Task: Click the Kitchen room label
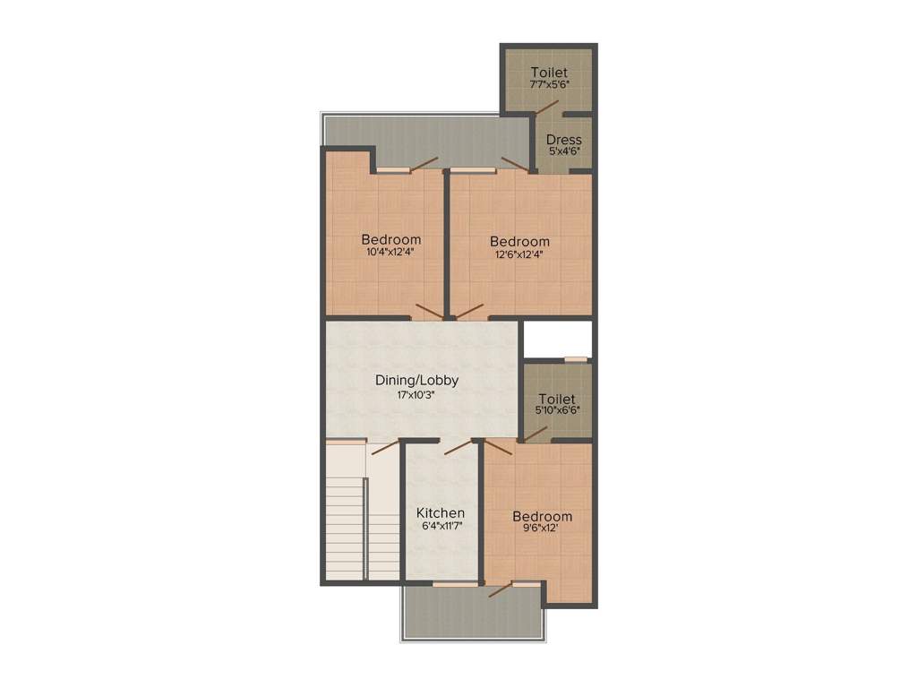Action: (x=441, y=513)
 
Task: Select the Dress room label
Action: (x=563, y=140)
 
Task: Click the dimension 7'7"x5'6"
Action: (x=549, y=84)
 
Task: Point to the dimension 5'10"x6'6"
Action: (x=558, y=410)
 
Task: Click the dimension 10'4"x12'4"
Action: (x=390, y=252)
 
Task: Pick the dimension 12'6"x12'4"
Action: (x=519, y=254)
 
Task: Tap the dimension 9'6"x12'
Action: (x=541, y=529)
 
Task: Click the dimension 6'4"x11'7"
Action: (x=441, y=526)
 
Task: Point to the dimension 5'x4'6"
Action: (x=564, y=151)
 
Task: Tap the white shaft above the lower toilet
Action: (x=557, y=339)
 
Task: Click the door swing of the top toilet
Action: (x=547, y=105)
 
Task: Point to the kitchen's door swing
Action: (x=458, y=446)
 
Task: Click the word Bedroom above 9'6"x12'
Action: (x=542, y=517)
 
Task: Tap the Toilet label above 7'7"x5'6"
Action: (x=549, y=72)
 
